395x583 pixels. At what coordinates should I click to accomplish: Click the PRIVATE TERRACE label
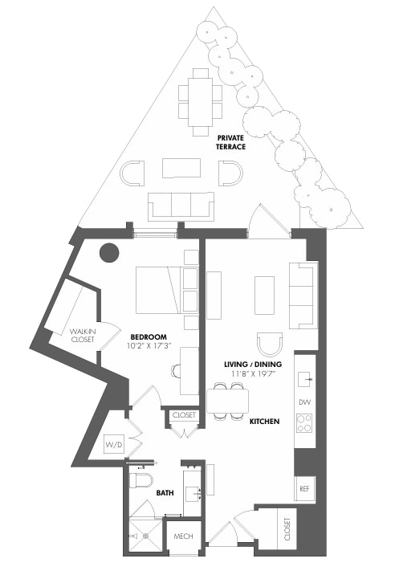pyautogui.click(x=230, y=142)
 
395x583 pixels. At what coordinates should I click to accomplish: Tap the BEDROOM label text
pyautogui.click(x=149, y=336)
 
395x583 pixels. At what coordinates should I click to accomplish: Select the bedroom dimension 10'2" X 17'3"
pyautogui.click(x=149, y=347)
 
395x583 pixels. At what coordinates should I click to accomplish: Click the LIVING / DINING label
pyautogui.click(x=251, y=364)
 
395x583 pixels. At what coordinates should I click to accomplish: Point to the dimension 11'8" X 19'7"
pyautogui.click(x=251, y=374)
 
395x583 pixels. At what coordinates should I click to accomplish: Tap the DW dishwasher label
pyautogui.click(x=304, y=402)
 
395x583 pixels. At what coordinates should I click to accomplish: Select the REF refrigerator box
pyautogui.click(x=304, y=488)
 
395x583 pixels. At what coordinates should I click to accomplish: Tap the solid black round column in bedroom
pyautogui.click(x=108, y=254)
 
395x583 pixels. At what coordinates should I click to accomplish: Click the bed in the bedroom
pyautogui.click(x=158, y=290)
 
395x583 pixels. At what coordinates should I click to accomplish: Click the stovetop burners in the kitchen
pyautogui.click(x=304, y=422)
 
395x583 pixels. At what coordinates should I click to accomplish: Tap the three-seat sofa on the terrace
pyautogui.click(x=181, y=205)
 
